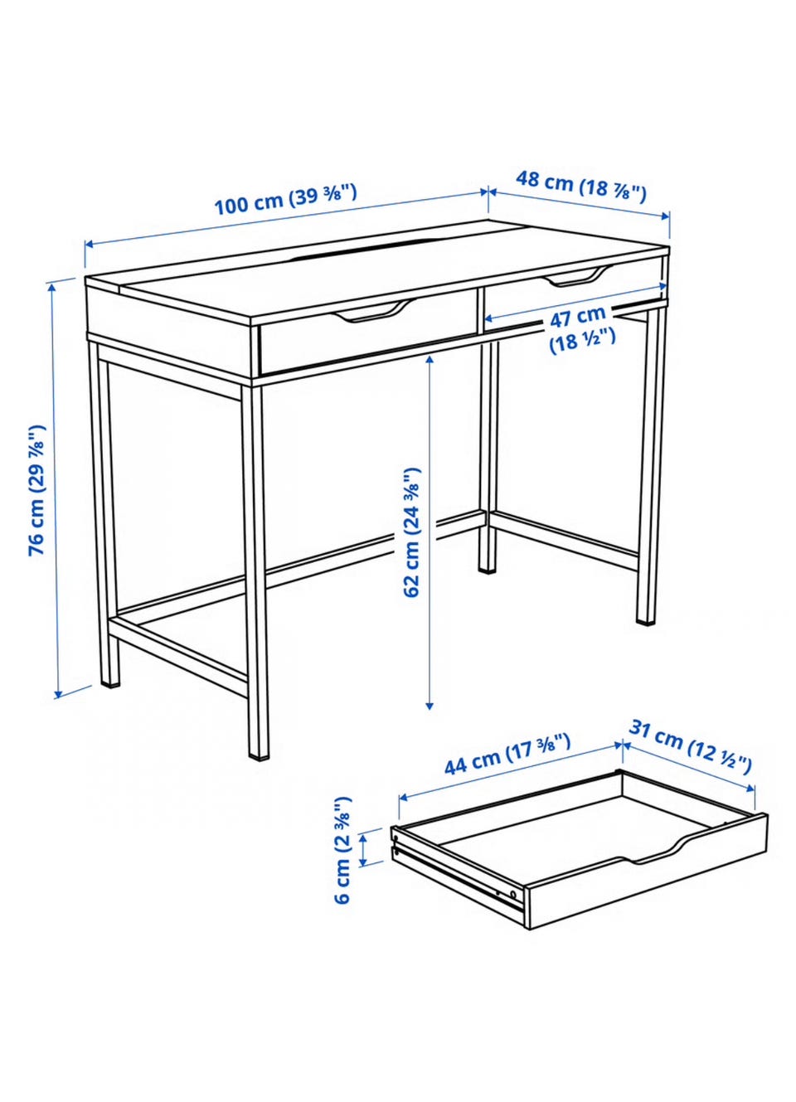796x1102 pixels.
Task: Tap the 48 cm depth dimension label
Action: [x=580, y=186]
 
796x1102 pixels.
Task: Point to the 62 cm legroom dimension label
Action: [x=412, y=532]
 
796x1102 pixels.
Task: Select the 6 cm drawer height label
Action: [x=343, y=849]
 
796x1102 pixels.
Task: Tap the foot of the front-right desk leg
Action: [x=260, y=756]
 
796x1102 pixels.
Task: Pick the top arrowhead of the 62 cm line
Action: [x=430, y=361]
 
